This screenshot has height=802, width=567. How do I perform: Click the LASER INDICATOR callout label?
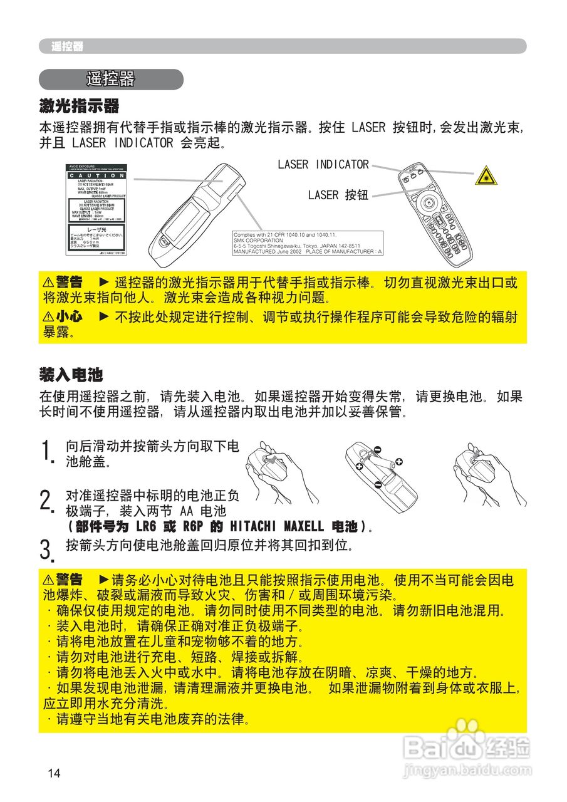click(x=323, y=164)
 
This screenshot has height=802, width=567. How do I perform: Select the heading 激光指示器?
click(x=79, y=105)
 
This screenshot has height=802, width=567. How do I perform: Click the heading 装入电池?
click(x=71, y=375)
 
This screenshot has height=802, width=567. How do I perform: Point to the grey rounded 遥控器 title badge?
click(x=111, y=80)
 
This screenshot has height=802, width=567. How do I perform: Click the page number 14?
click(x=54, y=773)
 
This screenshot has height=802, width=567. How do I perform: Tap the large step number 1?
click(x=45, y=452)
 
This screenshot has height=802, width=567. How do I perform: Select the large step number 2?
click(x=45, y=501)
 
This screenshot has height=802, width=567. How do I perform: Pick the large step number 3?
click(x=45, y=549)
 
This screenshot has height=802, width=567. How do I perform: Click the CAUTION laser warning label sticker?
click(x=97, y=210)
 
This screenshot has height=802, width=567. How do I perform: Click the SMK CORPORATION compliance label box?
click(x=307, y=242)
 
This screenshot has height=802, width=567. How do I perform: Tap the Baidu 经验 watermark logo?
click(x=467, y=749)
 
